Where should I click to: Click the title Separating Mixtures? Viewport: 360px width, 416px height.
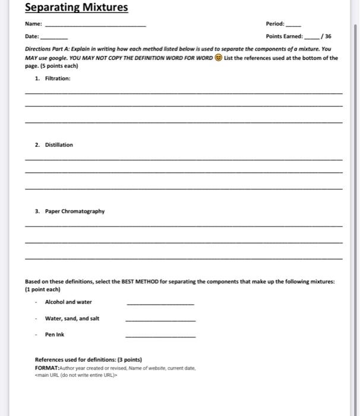(x=76, y=8)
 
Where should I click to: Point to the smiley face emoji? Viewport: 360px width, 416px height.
(x=220, y=58)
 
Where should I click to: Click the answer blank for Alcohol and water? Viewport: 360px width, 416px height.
(x=160, y=304)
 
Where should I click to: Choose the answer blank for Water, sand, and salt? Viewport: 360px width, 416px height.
(x=160, y=320)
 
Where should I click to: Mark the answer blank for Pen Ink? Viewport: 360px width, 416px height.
(x=160, y=336)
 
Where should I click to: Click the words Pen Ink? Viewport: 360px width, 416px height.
(x=55, y=335)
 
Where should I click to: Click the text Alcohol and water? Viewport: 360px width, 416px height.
(x=68, y=302)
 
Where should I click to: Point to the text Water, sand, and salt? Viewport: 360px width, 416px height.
(x=72, y=319)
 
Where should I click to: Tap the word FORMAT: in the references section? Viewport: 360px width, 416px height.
(x=49, y=367)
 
